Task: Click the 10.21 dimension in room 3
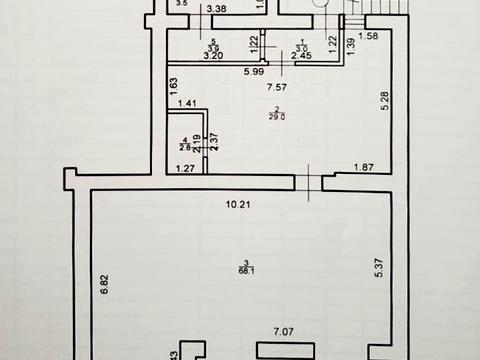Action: pyautogui.click(x=238, y=207)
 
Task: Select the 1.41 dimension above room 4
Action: pyautogui.click(x=187, y=104)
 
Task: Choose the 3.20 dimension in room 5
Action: pyautogui.click(x=212, y=56)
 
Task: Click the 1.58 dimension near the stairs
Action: pyautogui.click(x=367, y=37)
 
